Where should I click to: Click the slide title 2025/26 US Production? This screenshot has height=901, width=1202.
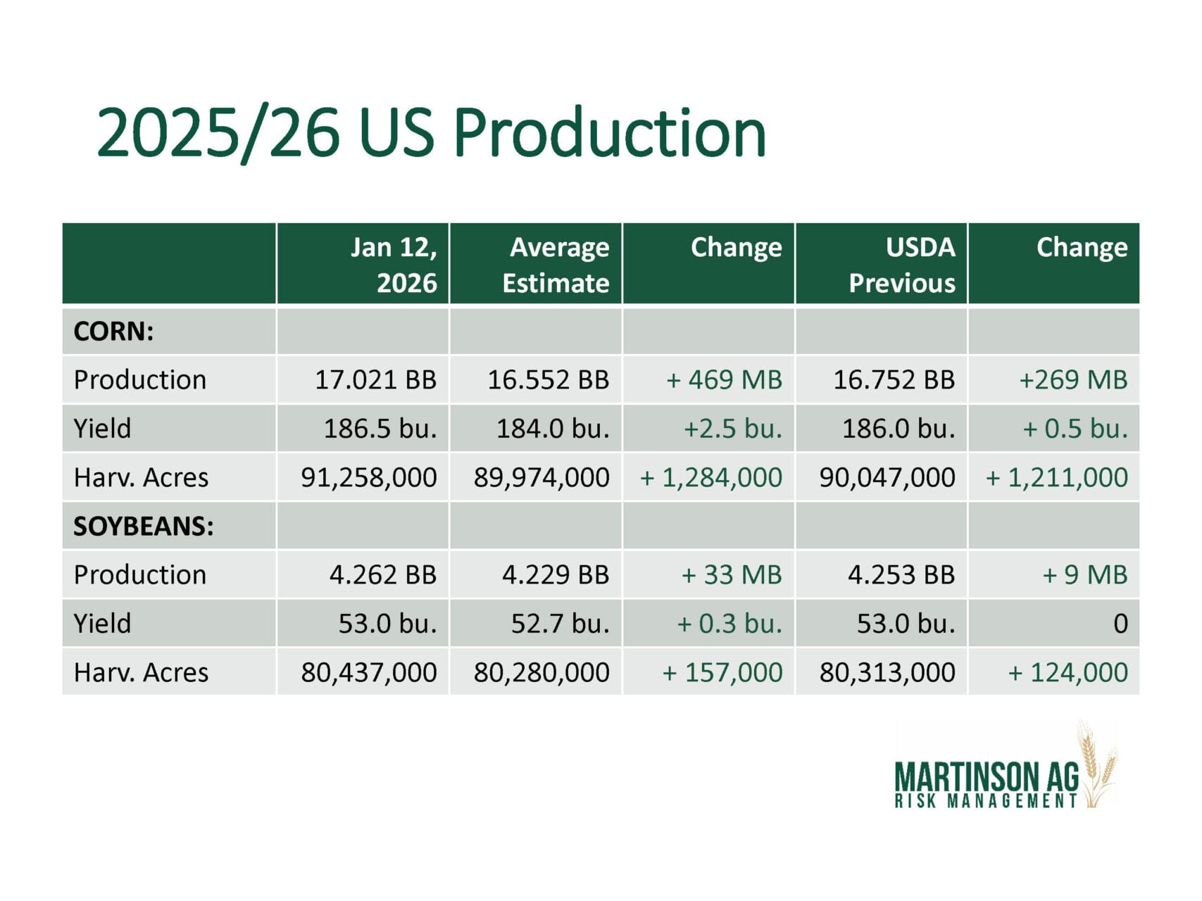click(431, 132)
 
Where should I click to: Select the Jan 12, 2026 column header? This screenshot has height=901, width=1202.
click(394, 265)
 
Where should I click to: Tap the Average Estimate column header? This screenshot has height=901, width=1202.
click(556, 265)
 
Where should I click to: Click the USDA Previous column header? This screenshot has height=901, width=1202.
click(902, 265)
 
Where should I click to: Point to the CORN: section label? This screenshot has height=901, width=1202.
click(113, 331)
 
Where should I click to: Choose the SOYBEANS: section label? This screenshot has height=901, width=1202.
click(144, 526)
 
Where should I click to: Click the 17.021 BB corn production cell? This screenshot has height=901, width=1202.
click(375, 379)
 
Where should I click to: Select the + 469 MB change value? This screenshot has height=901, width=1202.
click(724, 379)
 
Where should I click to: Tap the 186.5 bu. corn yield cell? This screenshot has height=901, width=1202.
click(380, 428)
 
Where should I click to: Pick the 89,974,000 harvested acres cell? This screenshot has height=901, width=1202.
click(541, 477)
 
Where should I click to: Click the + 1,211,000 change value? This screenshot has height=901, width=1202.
click(1056, 477)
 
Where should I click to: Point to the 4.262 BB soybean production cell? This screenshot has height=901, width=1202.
click(383, 574)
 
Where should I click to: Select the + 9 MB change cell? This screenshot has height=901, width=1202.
click(1084, 574)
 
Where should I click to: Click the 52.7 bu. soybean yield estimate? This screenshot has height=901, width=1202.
click(560, 623)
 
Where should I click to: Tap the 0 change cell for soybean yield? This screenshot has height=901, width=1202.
click(1120, 623)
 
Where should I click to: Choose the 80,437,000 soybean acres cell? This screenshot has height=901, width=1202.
click(369, 672)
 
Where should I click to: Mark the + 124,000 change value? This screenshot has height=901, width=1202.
click(1068, 672)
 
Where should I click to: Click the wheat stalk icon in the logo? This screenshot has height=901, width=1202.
click(1096, 764)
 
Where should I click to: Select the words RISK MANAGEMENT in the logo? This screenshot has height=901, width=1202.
click(986, 801)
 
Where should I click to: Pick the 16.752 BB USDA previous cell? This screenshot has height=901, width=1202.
click(894, 379)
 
